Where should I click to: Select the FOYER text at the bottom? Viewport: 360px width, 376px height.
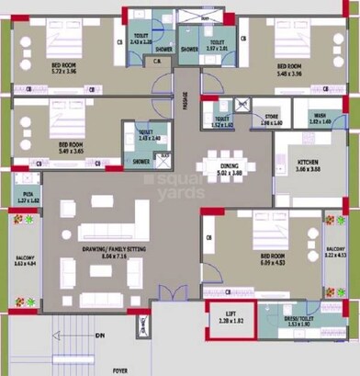pos(119,370)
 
